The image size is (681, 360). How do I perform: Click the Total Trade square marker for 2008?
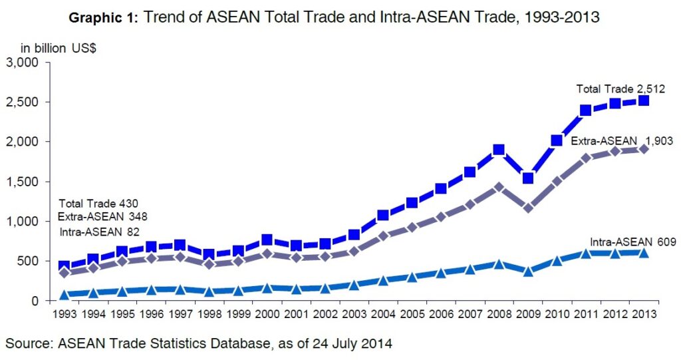point(499,149)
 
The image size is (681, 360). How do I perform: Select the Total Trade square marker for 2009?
point(528,178)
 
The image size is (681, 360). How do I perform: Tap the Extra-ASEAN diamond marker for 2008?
point(499,187)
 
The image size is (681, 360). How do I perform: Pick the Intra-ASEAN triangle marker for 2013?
point(644,252)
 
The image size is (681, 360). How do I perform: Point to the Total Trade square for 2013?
point(644,100)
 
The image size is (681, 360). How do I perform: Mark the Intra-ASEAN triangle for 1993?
point(65,294)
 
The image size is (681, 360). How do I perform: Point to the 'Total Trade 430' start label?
point(98,204)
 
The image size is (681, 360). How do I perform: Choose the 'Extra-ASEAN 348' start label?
point(102,216)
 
